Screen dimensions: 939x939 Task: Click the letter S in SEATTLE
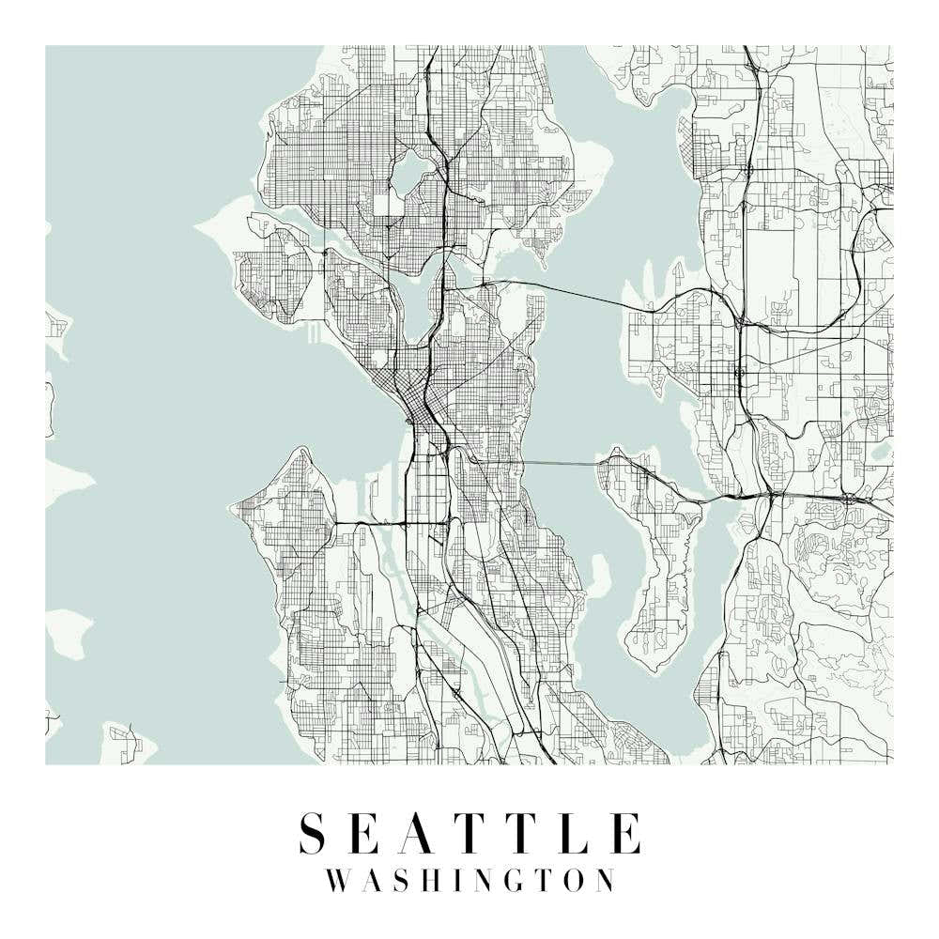(x=314, y=833)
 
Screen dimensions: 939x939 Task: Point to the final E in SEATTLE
(x=627, y=833)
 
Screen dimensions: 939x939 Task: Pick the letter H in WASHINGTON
(x=434, y=881)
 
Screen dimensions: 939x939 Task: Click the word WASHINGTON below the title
(x=469, y=881)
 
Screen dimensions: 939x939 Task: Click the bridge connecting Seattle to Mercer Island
(x=560, y=463)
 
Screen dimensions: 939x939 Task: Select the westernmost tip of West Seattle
(x=233, y=508)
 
